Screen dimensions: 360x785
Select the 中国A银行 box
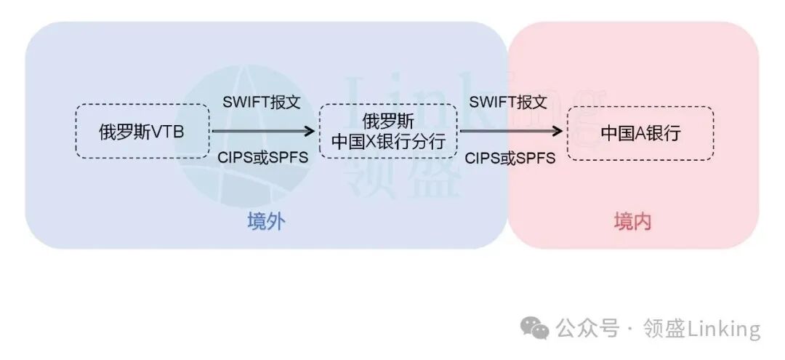(x=640, y=133)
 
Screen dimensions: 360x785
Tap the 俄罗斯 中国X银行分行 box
(x=388, y=132)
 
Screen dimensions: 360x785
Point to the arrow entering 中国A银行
(x=512, y=132)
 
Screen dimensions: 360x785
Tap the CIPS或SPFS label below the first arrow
(x=263, y=156)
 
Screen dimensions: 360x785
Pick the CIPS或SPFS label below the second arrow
(x=510, y=157)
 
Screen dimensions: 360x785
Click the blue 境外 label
(x=265, y=222)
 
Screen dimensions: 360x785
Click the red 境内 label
(x=632, y=222)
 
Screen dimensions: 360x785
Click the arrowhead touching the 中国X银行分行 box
(x=311, y=132)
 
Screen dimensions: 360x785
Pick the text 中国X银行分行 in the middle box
(x=388, y=142)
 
